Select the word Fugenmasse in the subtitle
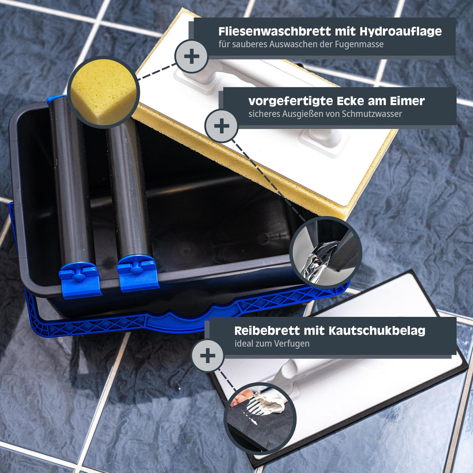(x=359, y=45)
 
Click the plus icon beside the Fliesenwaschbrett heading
(x=192, y=56)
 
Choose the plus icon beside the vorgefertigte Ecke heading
(x=222, y=126)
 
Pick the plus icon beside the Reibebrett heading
(x=208, y=356)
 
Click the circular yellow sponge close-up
(x=103, y=92)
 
